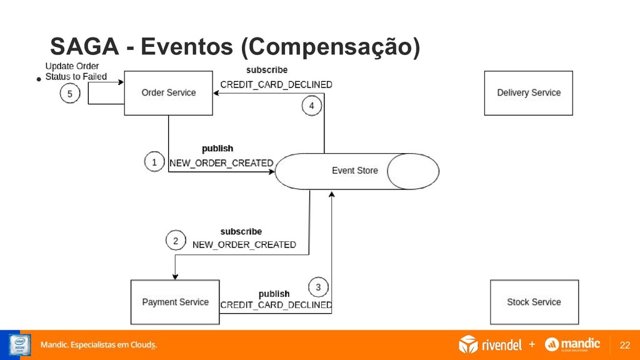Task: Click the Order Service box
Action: [168, 92]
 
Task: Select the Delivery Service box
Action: [528, 92]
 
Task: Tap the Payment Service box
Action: [175, 302]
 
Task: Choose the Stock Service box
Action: [534, 302]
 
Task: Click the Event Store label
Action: [354, 171]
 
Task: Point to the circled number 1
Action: [154, 162]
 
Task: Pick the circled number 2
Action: [176, 241]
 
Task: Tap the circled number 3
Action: [318, 287]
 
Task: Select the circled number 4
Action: [312, 106]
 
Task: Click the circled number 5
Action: [70, 94]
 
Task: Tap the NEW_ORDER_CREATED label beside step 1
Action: [221, 163]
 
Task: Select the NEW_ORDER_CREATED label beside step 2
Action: [244, 244]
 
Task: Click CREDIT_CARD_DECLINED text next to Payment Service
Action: [276, 305]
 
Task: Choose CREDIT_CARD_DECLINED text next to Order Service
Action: [276, 84]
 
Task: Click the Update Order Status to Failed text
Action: [75, 71]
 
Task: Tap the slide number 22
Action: [624, 345]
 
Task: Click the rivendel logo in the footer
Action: [491, 344]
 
